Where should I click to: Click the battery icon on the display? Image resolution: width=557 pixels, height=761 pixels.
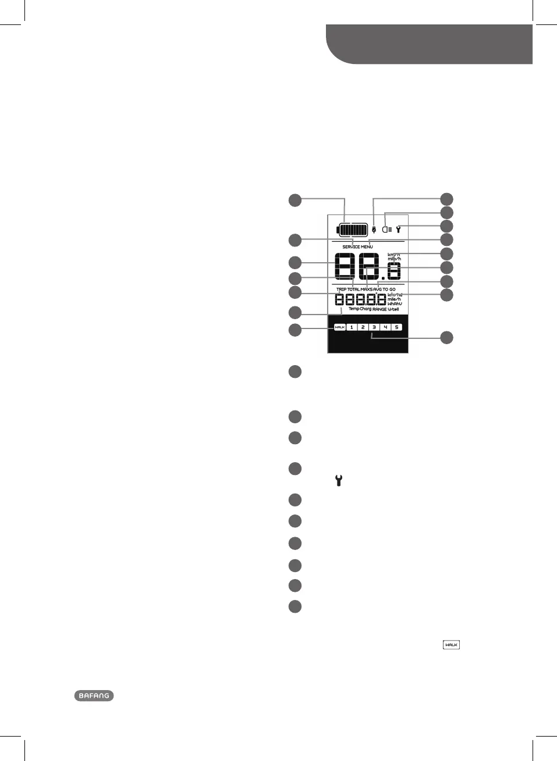353,230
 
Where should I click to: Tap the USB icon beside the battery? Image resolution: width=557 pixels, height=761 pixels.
374,229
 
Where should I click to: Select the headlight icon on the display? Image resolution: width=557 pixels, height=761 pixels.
387,229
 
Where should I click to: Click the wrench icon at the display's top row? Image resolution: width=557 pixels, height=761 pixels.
399,229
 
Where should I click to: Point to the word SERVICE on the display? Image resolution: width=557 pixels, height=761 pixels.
351,247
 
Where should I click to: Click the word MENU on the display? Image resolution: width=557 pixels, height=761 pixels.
367,247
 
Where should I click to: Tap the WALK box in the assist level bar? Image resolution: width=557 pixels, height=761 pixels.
340,327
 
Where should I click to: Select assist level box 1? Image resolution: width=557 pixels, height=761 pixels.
352,327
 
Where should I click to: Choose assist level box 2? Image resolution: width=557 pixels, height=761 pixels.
363,327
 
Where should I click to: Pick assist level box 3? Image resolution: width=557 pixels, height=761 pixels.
374,327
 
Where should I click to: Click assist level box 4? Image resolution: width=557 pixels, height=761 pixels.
385,327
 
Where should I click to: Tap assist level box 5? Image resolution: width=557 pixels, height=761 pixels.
396,327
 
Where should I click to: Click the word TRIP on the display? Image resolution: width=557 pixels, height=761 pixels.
341,290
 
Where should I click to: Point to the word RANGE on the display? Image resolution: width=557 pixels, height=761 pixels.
379,309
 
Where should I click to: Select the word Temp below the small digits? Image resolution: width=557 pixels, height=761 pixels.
353,309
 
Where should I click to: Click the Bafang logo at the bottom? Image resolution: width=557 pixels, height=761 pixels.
94,696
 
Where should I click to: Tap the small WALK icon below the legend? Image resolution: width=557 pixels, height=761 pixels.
451,645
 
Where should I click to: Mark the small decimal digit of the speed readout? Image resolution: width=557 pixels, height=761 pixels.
395,271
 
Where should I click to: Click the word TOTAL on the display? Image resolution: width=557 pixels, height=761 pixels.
354,290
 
